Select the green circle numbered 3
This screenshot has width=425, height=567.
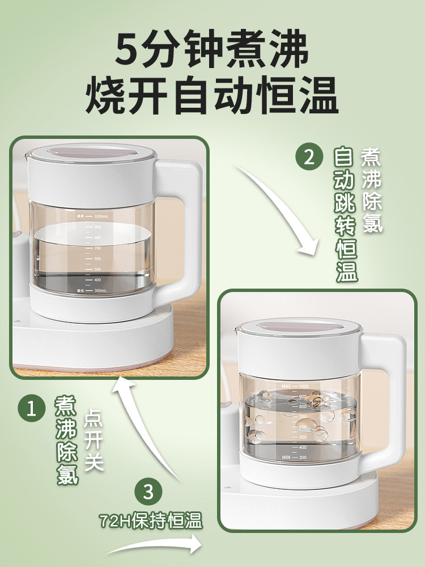[x=148, y=492]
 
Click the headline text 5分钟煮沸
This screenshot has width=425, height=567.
[x=212, y=52]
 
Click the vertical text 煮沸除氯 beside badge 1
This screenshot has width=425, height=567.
[x=66, y=440]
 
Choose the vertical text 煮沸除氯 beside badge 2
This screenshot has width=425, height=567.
[x=372, y=190]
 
